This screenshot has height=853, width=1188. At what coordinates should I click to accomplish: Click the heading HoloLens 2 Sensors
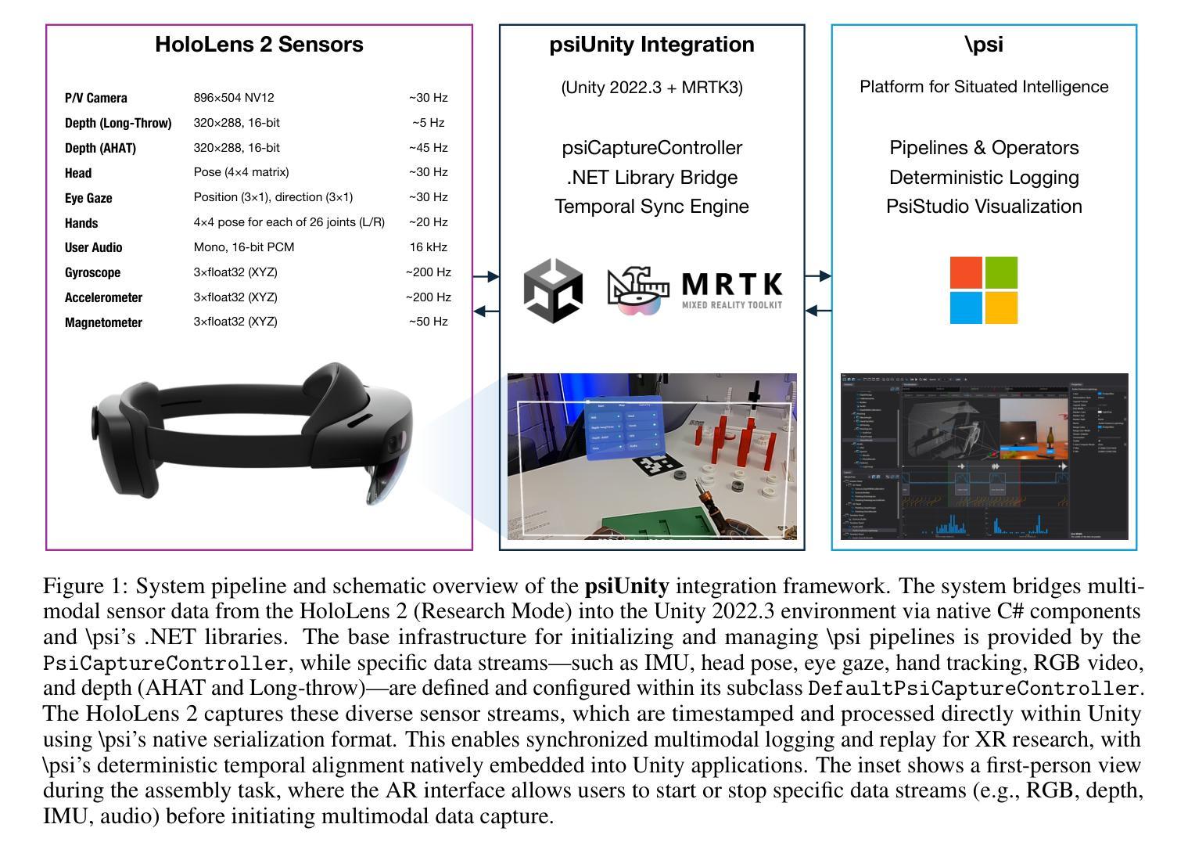[x=259, y=45]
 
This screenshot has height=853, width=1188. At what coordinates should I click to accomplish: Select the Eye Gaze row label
[x=88, y=198]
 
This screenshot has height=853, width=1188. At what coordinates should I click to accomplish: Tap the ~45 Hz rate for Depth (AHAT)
[x=428, y=148]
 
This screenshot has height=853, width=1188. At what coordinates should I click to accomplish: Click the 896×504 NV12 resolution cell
[x=234, y=98]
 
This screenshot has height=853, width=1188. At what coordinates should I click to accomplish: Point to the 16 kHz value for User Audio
[x=428, y=247]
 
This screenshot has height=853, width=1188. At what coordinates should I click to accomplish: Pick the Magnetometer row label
[x=103, y=322]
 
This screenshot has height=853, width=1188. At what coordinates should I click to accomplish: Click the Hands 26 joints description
[x=289, y=222]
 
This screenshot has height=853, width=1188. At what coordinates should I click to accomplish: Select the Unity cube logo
[x=553, y=291]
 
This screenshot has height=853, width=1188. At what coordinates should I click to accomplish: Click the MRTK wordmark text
[x=731, y=283]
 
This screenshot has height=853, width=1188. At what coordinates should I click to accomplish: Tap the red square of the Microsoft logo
[x=966, y=272]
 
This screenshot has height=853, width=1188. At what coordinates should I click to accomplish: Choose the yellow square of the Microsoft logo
[x=1001, y=308]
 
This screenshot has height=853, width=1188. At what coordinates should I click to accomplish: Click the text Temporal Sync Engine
[x=651, y=207]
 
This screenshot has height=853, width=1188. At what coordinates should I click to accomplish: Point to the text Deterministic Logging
[x=984, y=178]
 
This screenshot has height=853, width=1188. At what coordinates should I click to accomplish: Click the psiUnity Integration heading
[x=651, y=45]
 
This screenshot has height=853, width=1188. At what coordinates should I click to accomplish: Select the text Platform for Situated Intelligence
[x=984, y=87]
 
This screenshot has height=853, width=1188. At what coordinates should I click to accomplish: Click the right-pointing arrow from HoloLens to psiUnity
[x=486, y=276]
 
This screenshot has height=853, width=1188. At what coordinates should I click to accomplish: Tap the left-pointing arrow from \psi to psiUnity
[x=817, y=311]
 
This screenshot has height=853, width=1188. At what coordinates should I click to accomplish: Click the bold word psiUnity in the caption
[x=626, y=586]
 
